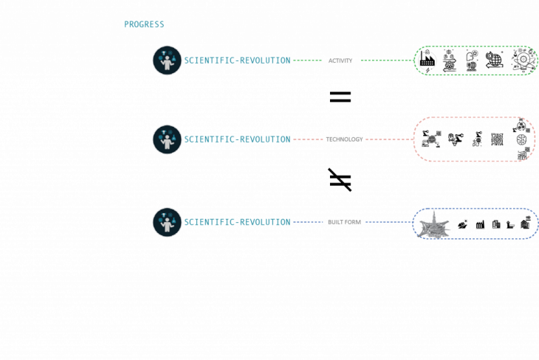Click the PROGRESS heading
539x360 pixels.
[x=144, y=24]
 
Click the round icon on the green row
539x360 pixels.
[x=167, y=60]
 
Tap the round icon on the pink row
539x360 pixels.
[x=167, y=139]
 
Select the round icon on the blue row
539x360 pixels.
[x=167, y=222]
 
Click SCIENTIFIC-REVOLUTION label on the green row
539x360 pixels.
[x=237, y=60]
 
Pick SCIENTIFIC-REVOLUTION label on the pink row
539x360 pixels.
[x=237, y=139]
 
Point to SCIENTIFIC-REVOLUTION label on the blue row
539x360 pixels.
[x=237, y=222]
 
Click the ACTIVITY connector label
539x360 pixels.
[x=340, y=60]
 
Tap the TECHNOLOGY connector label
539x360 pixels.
[x=344, y=139]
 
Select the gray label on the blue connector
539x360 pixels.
[x=344, y=222]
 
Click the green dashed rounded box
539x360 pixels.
[x=476, y=60]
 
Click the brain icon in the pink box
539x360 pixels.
[x=521, y=139]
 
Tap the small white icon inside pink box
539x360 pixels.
[x=438, y=145]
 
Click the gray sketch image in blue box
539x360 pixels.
[x=434, y=226]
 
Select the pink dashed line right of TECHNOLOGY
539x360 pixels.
[x=388, y=139]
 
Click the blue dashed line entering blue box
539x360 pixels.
[x=388, y=222]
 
